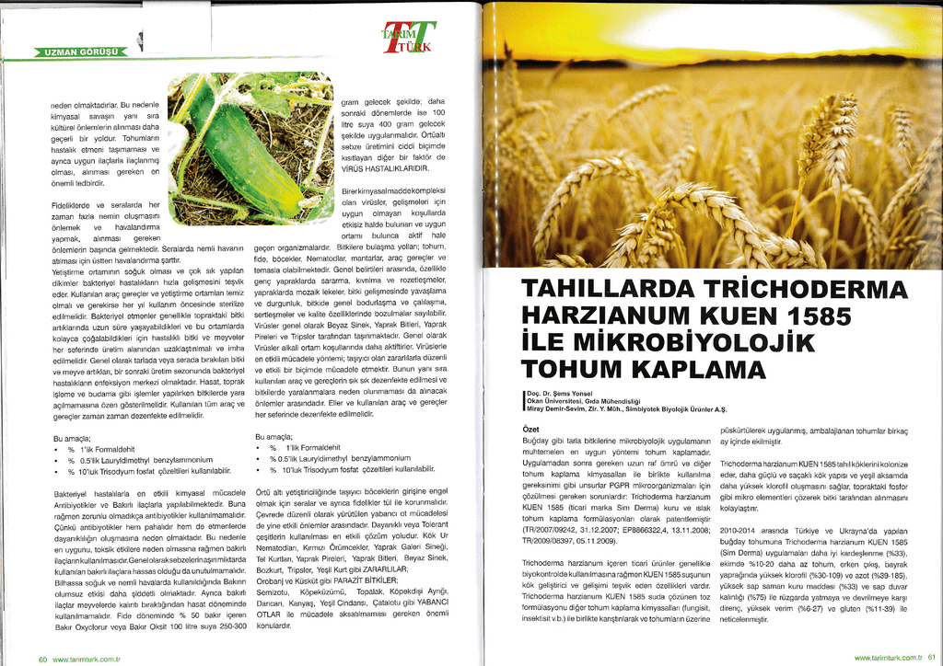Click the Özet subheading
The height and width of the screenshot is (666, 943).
(530, 430)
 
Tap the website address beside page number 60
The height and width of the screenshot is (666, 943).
(87, 658)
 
